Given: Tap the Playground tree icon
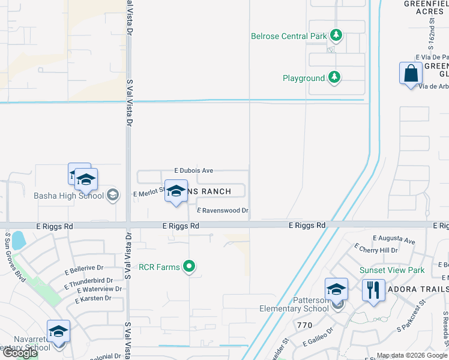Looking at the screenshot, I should pos(334,77).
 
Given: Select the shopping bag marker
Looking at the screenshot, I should pos(411,74).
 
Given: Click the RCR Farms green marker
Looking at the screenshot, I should pos(189,266).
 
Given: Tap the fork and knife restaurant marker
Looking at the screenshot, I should pos(373,290).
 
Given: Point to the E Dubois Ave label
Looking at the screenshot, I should pos(193,170).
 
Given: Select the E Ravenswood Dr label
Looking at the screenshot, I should pos(221,211).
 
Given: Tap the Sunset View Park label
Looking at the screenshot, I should pos(391,270).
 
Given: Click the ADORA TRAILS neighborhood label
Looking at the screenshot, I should pos(418,289).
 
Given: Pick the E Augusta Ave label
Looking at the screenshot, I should pos(393,241).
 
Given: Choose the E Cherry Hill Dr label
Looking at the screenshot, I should pos(376,250).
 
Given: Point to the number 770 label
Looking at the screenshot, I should pos(304,325).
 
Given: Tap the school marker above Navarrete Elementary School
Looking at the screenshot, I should pos(58,332).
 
